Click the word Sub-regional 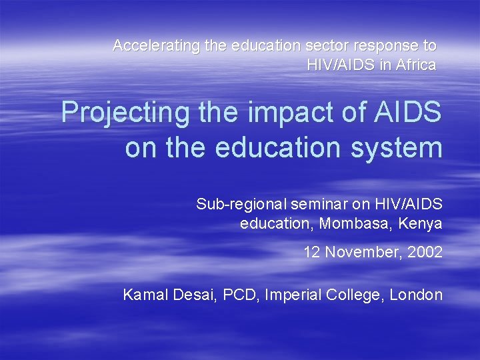(x=237, y=204)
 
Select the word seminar (x=307, y=204)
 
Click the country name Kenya (x=420, y=223)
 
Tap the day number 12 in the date (x=311, y=253)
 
